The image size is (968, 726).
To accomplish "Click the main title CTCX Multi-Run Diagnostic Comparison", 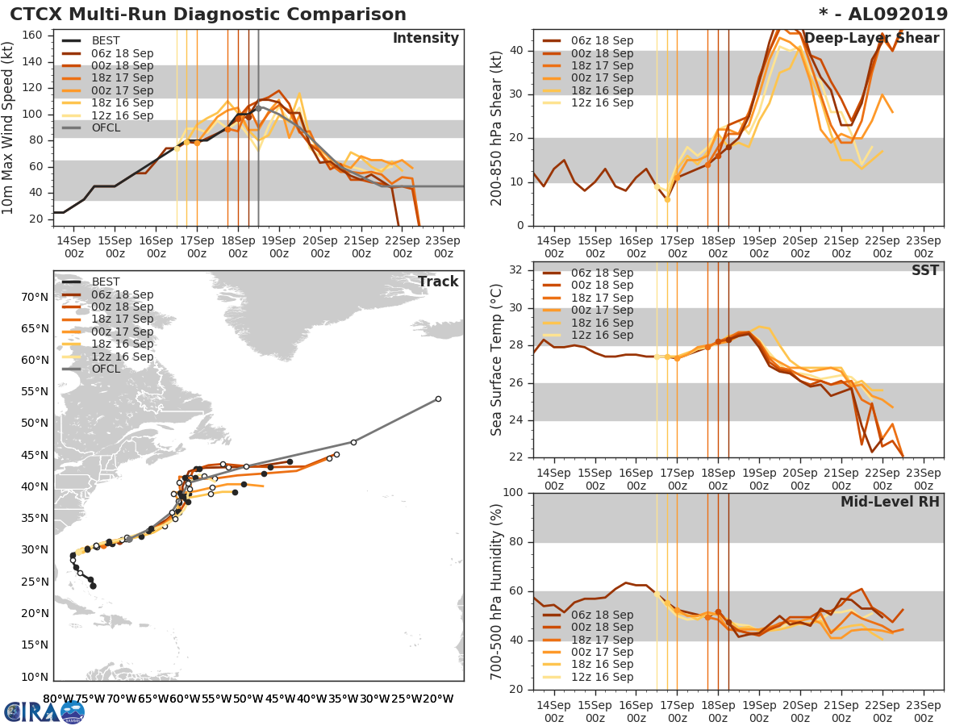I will pos(208,15).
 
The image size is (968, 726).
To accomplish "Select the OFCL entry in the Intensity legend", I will pos(106,128).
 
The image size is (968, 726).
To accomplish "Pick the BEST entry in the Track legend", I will pos(106,282).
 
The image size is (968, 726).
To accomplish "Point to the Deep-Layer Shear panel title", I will pos(872,39).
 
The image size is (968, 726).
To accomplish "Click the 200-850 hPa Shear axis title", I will pos(498,127).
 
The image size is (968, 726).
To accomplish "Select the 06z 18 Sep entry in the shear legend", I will pos(602,41).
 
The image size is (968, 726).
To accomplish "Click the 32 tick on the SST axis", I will pos(516,270).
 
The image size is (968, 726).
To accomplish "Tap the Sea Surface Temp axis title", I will pos(498,360).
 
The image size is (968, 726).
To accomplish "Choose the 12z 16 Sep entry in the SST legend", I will pos(602,335).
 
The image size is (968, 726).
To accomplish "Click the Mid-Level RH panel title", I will pos(890,502).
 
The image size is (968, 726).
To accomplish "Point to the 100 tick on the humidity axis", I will pos(512,493).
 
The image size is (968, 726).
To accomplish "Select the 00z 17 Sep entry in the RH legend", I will pos(602,652).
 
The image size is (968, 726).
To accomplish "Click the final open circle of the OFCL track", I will pos(438,398).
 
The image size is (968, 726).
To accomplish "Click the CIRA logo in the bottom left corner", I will pos(44,711).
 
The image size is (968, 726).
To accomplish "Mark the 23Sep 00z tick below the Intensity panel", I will pos(443,247).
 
